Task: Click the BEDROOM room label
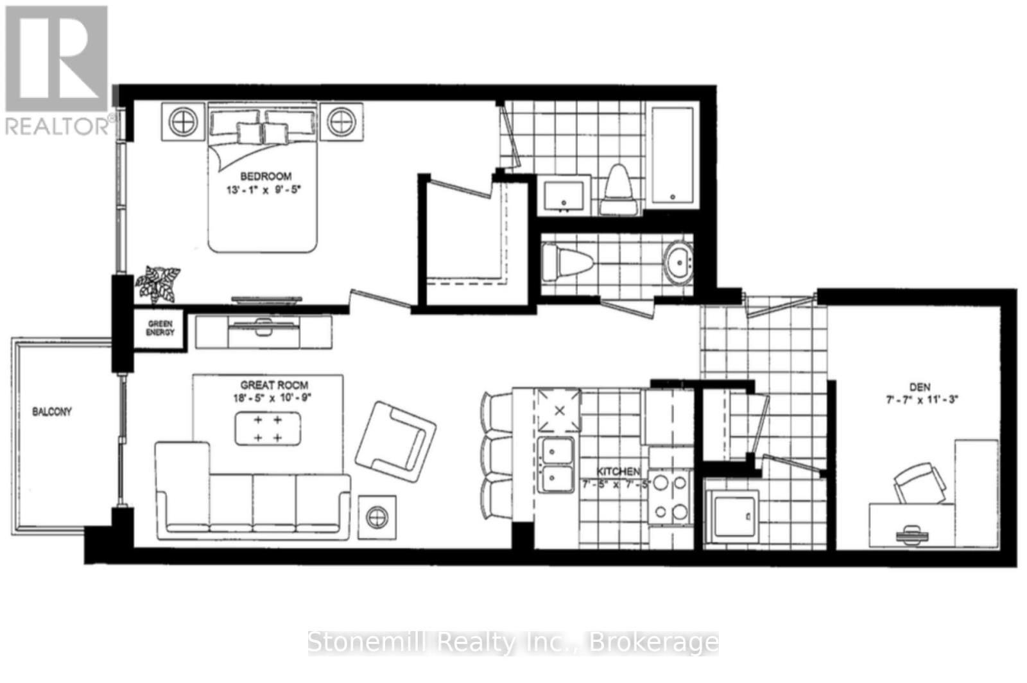pos(266,176)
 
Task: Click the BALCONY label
pos(52,411)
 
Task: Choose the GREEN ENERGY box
pos(160,329)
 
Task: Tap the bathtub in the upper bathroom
pos(672,155)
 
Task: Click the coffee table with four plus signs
pos(268,429)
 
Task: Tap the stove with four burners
pos(670,496)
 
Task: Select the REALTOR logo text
pos(58,126)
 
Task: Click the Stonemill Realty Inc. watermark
pos(513,642)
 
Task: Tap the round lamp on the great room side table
pos(377,515)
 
